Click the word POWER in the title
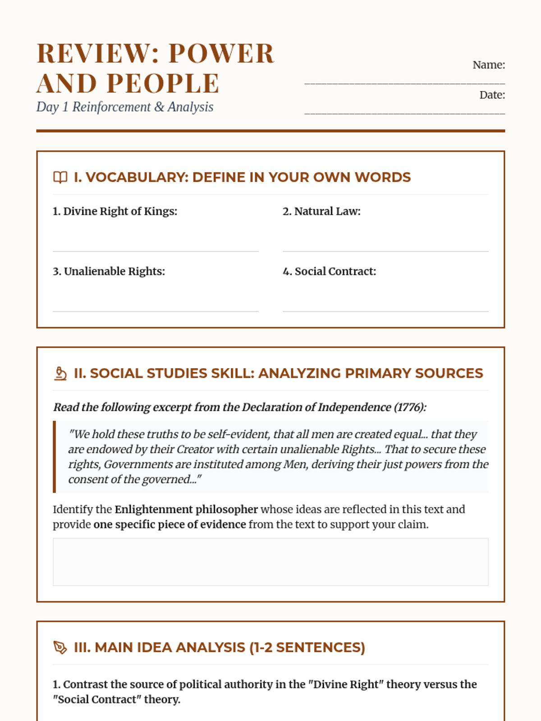point(221,54)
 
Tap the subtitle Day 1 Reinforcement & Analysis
point(125,107)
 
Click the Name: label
point(488,65)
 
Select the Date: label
point(492,95)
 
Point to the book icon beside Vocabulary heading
point(60,178)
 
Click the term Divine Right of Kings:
point(115,211)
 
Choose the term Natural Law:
point(321,211)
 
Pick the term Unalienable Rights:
point(109,271)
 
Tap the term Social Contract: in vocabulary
point(329,271)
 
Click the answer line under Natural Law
point(385,251)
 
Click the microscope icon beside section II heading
point(60,374)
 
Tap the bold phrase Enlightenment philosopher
point(186,510)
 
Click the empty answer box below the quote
point(270,562)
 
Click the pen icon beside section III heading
point(60,648)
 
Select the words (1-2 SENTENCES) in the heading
point(307,648)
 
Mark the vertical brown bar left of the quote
point(55,457)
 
